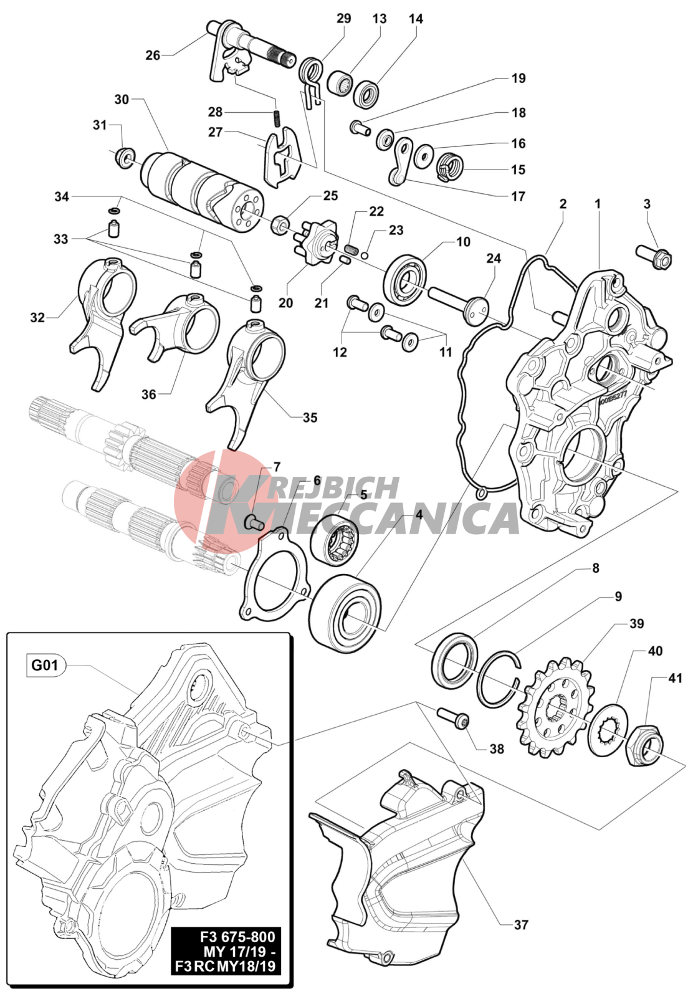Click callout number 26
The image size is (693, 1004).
[153, 55]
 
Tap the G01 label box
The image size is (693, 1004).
[45, 665]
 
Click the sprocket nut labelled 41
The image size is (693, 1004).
[644, 745]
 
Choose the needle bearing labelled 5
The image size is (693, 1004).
[335, 542]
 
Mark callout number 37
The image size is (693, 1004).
[521, 925]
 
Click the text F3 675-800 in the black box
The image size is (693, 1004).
[237, 937]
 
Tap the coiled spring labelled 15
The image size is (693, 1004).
[449, 166]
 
